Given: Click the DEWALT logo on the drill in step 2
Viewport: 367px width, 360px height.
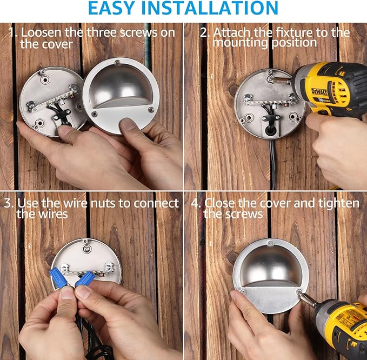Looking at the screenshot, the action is pyautogui.click(x=319, y=92).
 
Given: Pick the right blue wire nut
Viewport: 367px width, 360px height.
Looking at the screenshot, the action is pyautogui.click(x=85, y=278).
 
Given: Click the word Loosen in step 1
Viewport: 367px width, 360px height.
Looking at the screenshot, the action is pyautogui.click(x=41, y=32).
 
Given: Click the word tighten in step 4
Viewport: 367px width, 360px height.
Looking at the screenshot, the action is pyautogui.click(x=339, y=203).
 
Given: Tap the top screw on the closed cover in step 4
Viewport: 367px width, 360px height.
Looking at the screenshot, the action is pyautogui.click(x=270, y=243).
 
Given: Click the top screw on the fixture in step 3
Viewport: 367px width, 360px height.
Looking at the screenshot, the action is pyautogui.click(x=87, y=248).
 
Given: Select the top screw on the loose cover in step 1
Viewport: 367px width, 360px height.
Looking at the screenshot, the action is pyautogui.click(x=117, y=63).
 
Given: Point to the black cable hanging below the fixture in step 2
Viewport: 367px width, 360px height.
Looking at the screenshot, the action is pyautogui.click(x=273, y=164).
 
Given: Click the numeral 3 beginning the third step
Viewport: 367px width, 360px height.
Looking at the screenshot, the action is pyautogui.click(x=8, y=203).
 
